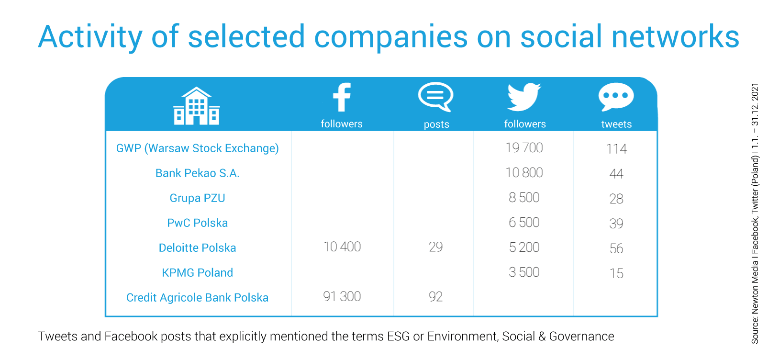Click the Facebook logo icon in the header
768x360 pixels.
(x=342, y=97)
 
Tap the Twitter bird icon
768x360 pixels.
(x=524, y=97)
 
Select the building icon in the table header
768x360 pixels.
(x=197, y=106)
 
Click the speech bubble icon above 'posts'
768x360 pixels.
(x=436, y=97)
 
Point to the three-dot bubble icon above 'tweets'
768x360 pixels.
(x=616, y=97)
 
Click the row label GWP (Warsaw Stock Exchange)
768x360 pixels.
(x=198, y=148)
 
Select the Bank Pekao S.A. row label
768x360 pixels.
(x=198, y=173)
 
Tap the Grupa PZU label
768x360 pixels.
(x=198, y=198)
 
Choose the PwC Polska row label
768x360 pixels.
(x=198, y=223)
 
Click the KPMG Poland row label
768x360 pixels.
(x=198, y=272)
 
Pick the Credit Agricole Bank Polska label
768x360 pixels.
(x=198, y=298)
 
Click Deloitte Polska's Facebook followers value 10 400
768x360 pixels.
(x=342, y=247)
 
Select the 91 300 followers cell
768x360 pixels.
(x=342, y=297)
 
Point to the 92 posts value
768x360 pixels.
(x=436, y=297)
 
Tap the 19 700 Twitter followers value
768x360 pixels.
(x=524, y=148)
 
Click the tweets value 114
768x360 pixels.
(x=616, y=149)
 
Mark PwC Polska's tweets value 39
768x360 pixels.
(x=616, y=224)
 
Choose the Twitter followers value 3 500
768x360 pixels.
(x=524, y=272)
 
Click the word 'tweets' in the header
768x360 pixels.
(x=616, y=124)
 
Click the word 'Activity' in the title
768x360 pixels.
(x=90, y=37)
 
